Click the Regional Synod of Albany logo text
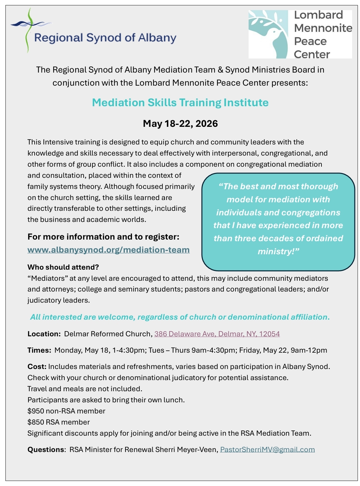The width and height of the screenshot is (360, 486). click(105, 38)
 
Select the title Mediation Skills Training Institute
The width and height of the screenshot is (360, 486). click(180, 103)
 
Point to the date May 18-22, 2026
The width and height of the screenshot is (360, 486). click(180, 124)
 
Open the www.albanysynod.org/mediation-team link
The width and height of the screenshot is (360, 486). click(108, 250)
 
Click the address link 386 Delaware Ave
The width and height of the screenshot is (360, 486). click(217, 334)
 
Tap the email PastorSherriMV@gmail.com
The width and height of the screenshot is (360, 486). click(267, 449)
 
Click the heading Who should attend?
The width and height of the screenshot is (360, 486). click(63, 267)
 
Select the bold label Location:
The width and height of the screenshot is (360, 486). click(44, 334)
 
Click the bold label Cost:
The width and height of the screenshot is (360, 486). click(37, 366)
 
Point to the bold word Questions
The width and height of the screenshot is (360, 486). click(46, 449)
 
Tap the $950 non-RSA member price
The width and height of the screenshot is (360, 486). click(66, 411)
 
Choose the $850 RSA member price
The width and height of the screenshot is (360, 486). click(58, 422)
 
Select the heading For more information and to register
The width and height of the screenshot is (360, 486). click(103, 237)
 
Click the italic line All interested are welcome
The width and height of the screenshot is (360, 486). click(180, 317)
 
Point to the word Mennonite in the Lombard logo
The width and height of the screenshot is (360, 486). click(323, 28)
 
